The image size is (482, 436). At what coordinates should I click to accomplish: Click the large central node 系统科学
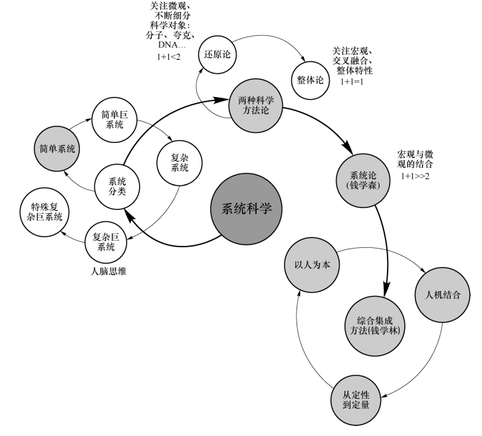click(x=247, y=208)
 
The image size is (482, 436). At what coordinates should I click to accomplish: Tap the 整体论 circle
click(x=310, y=79)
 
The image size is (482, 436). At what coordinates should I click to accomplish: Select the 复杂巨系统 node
click(x=106, y=241)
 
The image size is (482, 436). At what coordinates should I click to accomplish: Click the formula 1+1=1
click(x=354, y=83)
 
